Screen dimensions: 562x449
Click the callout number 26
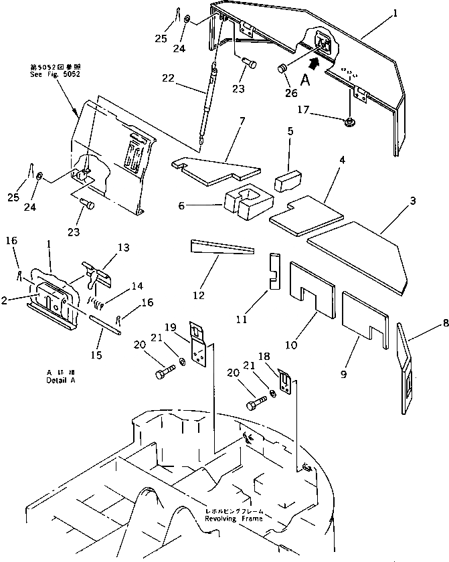click(x=292, y=93)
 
